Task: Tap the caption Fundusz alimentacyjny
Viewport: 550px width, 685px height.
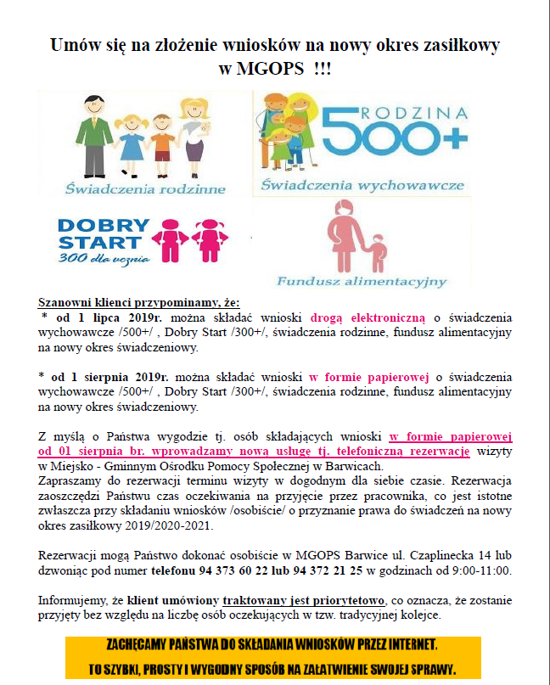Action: (361, 280)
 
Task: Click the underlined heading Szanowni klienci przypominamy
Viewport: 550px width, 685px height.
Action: (139, 302)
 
